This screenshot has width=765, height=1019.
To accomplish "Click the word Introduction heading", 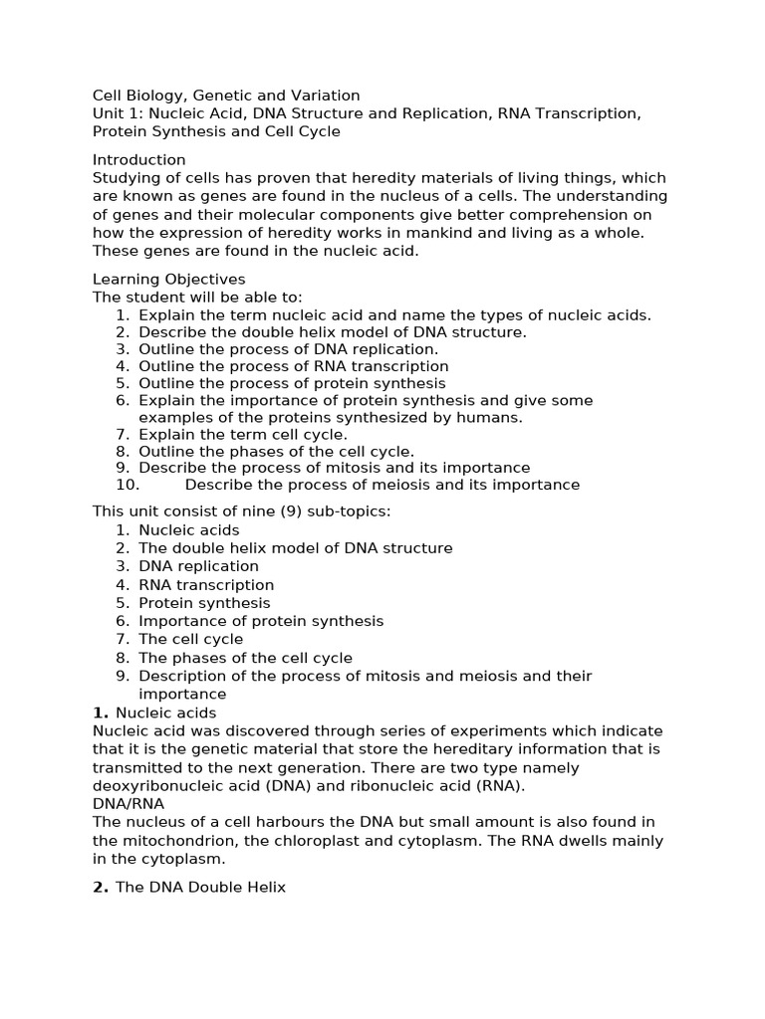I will (138, 160).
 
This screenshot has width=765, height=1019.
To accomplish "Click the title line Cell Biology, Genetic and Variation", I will (226, 96).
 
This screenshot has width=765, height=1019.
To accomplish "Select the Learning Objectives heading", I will (168, 280).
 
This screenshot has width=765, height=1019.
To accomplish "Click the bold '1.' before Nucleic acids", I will (101, 713).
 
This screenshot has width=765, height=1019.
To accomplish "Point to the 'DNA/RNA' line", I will (128, 803).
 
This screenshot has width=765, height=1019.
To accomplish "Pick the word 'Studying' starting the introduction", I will (125, 178).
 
